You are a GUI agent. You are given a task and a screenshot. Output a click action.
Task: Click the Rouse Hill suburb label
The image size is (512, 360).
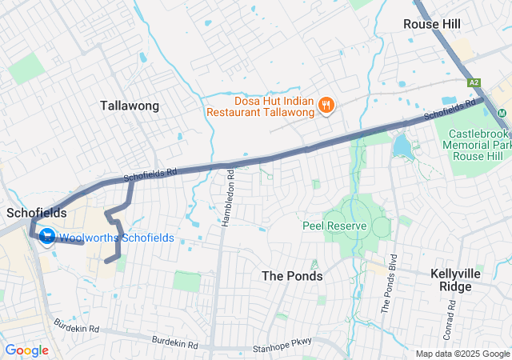tap(432, 24)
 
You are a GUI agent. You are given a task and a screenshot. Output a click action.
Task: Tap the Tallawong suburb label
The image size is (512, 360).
tap(130, 106)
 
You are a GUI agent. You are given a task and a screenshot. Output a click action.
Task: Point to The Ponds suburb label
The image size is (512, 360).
tap(292, 276)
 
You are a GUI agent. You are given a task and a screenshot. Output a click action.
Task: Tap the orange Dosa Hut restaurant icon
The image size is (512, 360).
tap(326, 104)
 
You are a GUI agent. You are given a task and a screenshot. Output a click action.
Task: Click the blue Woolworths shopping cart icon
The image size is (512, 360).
tap(46, 238)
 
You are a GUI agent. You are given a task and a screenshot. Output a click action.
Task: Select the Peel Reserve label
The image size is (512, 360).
tap(334, 226)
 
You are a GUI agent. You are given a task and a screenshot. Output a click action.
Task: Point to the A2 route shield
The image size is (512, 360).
tap(474, 82)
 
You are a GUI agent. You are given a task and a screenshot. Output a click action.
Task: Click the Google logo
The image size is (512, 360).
tap(26, 350)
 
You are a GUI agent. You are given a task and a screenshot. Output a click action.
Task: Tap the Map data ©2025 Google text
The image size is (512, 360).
tap(462, 354)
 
